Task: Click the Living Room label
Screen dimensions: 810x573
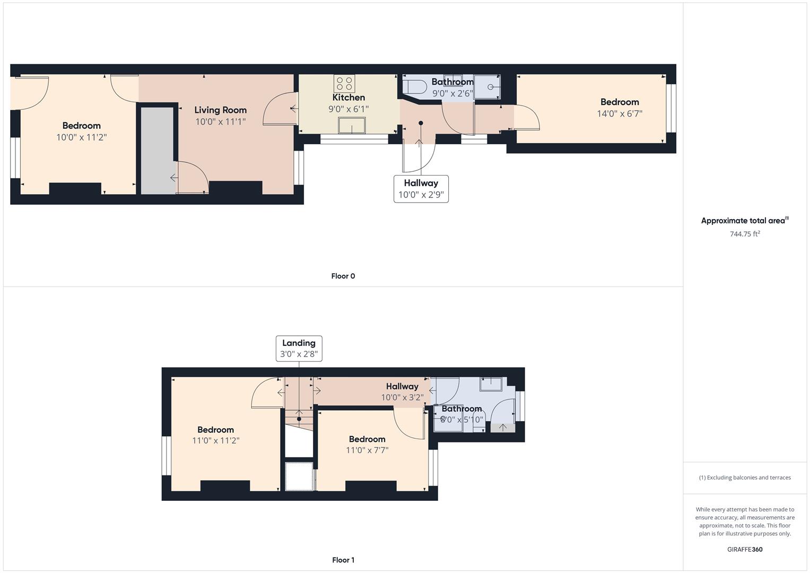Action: point(221,110)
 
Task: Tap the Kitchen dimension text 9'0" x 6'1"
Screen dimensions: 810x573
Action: point(349,109)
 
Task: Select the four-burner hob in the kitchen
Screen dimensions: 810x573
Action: point(344,83)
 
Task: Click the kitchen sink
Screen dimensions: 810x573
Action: point(352,125)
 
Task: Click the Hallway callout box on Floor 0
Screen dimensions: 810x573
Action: point(421,189)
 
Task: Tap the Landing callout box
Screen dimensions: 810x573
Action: point(299,349)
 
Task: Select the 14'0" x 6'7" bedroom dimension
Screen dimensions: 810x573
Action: point(620,114)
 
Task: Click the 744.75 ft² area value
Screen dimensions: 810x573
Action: point(745,233)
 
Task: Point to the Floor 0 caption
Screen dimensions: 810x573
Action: point(343,276)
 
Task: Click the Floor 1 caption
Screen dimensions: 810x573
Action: point(343,560)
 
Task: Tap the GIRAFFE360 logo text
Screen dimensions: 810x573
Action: point(745,549)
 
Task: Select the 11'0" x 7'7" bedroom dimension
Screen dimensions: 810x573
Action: point(367,450)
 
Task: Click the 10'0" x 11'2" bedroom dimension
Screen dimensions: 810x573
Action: point(81,137)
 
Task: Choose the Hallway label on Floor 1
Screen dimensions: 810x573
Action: point(402,386)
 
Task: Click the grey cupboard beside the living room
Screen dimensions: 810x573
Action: point(158,151)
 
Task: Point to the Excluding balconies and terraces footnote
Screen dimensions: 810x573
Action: point(745,477)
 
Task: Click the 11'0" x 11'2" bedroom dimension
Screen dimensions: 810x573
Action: point(216,440)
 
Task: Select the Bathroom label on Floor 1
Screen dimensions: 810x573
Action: point(462,409)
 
